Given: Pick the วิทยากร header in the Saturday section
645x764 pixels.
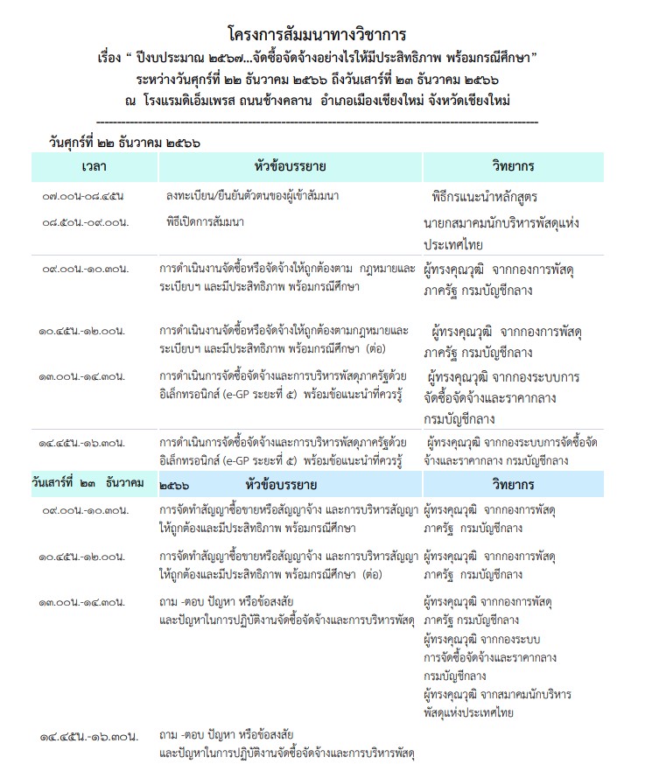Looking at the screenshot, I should tap(513, 484).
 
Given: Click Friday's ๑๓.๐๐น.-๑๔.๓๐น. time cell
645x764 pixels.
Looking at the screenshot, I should tap(84, 377).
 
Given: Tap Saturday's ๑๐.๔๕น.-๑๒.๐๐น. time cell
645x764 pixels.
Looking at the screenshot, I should tap(84, 557).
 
